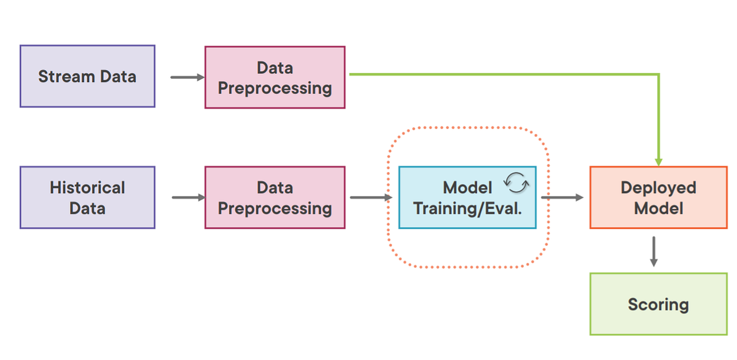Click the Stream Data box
(x=87, y=76)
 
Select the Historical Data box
(x=87, y=197)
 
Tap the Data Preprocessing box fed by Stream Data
(x=275, y=78)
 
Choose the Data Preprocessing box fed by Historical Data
(x=275, y=197)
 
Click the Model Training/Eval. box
(x=467, y=197)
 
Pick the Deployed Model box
(x=658, y=197)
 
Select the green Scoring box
(x=658, y=304)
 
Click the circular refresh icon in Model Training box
(x=515, y=182)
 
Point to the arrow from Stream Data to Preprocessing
(x=187, y=77)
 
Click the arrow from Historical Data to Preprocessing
(x=188, y=198)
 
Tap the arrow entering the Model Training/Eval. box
(x=371, y=198)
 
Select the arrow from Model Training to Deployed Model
(x=562, y=198)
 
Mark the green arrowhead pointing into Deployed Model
(x=658, y=161)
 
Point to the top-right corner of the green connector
(x=658, y=75)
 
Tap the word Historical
(x=87, y=187)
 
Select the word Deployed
(x=658, y=187)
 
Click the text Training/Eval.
(x=467, y=208)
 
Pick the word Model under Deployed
(x=658, y=208)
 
